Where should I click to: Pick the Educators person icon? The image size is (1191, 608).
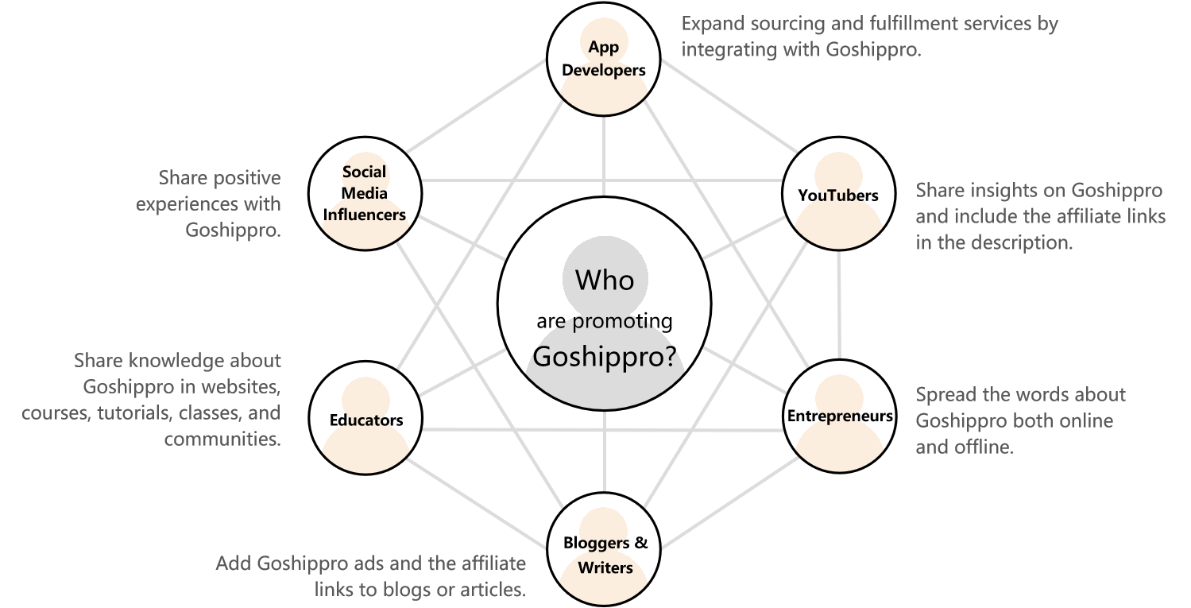[365, 425]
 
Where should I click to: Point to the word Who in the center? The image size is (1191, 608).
[605, 280]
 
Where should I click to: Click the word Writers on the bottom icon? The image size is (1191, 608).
[605, 567]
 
